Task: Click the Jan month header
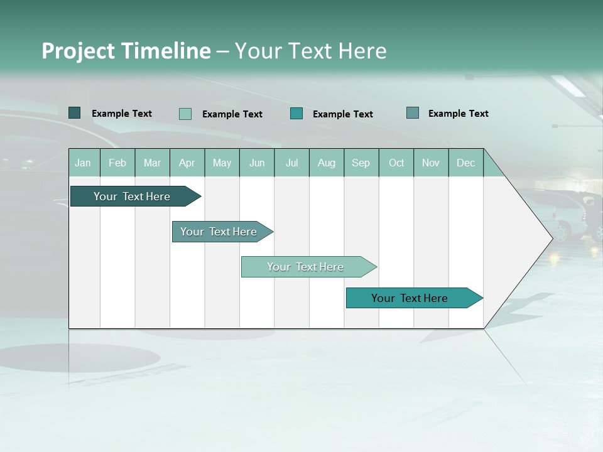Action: [83, 163]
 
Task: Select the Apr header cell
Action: [187, 163]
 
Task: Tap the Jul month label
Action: [291, 163]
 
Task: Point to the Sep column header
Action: [361, 163]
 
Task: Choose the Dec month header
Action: [465, 163]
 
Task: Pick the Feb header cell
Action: [117, 163]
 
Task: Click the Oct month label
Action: [396, 163]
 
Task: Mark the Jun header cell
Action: [257, 163]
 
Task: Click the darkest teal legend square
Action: [75, 113]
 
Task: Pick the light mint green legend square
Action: [185, 114]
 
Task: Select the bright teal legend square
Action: [296, 114]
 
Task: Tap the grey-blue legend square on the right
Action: [413, 113]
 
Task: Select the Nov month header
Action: [431, 163]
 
